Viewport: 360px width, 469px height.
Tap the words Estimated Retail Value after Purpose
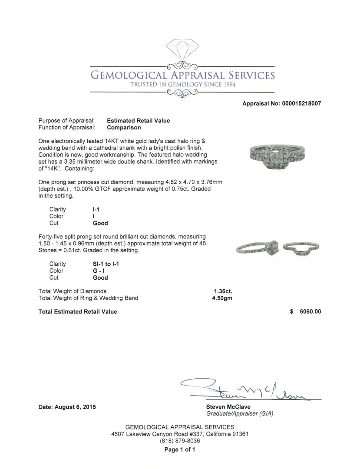(138, 121)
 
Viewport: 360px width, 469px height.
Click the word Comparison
(124, 128)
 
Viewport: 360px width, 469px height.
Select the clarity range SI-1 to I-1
(106, 264)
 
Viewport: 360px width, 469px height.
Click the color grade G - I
(100, 271)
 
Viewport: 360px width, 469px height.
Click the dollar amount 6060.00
(308, 311)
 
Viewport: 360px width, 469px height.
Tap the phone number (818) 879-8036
(180, 440)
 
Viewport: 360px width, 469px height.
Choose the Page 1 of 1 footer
(180, 450)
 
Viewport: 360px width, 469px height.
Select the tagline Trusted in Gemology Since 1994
(183, 85)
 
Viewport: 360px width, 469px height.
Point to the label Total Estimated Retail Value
(78, 311)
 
